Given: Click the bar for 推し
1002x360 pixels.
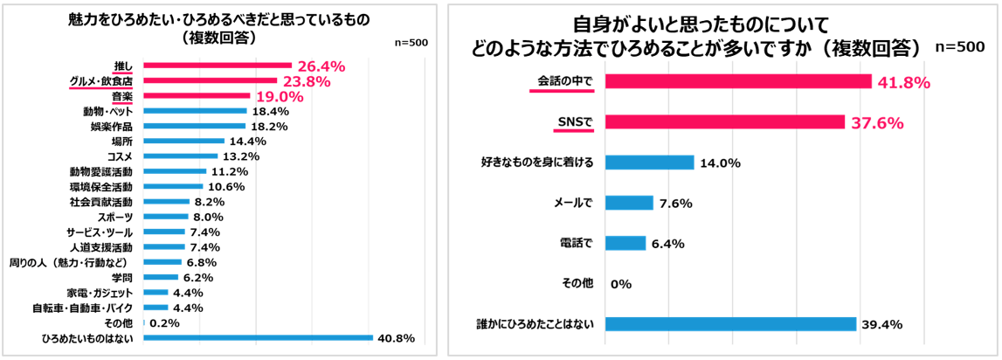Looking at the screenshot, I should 217,66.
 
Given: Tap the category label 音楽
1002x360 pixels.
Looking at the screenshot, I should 121,96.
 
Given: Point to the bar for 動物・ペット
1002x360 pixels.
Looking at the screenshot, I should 195,111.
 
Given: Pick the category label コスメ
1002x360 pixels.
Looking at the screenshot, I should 120,156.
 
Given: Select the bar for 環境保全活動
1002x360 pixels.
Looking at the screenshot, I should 173,186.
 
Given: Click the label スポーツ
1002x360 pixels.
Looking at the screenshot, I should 114,217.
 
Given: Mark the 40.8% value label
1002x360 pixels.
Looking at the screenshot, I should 397,338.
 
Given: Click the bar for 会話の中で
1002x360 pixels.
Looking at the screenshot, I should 738,81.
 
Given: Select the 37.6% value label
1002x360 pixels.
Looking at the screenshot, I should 877,122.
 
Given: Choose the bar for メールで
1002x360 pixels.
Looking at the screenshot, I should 629,203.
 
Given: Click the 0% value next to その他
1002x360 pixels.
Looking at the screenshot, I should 621,284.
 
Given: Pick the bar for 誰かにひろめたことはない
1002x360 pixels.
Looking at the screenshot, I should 730,324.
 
